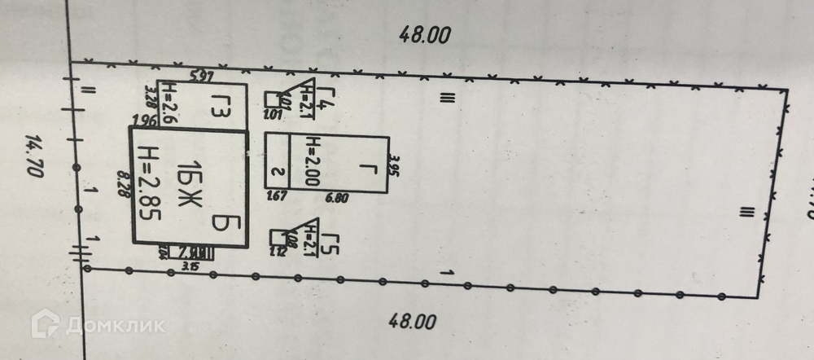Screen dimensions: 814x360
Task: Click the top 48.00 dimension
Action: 424,34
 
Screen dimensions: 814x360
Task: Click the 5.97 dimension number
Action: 201,77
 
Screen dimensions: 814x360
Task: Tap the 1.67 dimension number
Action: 278,195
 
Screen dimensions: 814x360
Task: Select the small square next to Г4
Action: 272,99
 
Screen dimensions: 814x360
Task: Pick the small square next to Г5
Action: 277,237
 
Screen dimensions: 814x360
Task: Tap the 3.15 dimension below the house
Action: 192,264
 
